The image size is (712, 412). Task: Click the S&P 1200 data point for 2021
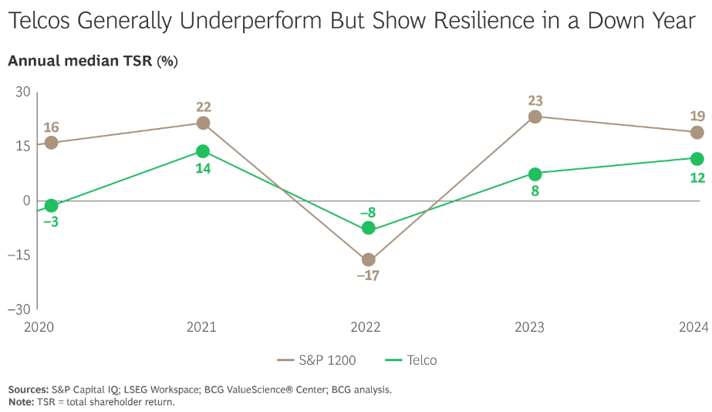tap(204, 123)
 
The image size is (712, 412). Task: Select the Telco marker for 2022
tap(369, 228)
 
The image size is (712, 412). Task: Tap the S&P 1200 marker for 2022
tap(369, 260)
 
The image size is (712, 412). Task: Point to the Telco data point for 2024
tap(697, 159)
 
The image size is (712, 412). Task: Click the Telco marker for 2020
tap(51, 205)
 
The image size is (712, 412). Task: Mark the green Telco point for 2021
tap(204, 151)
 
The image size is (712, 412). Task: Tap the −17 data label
tap(369, 275)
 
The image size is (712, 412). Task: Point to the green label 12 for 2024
tap(697, 177)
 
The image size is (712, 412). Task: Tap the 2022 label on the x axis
tap(366, 328)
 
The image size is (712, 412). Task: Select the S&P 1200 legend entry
tap(316, 360)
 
